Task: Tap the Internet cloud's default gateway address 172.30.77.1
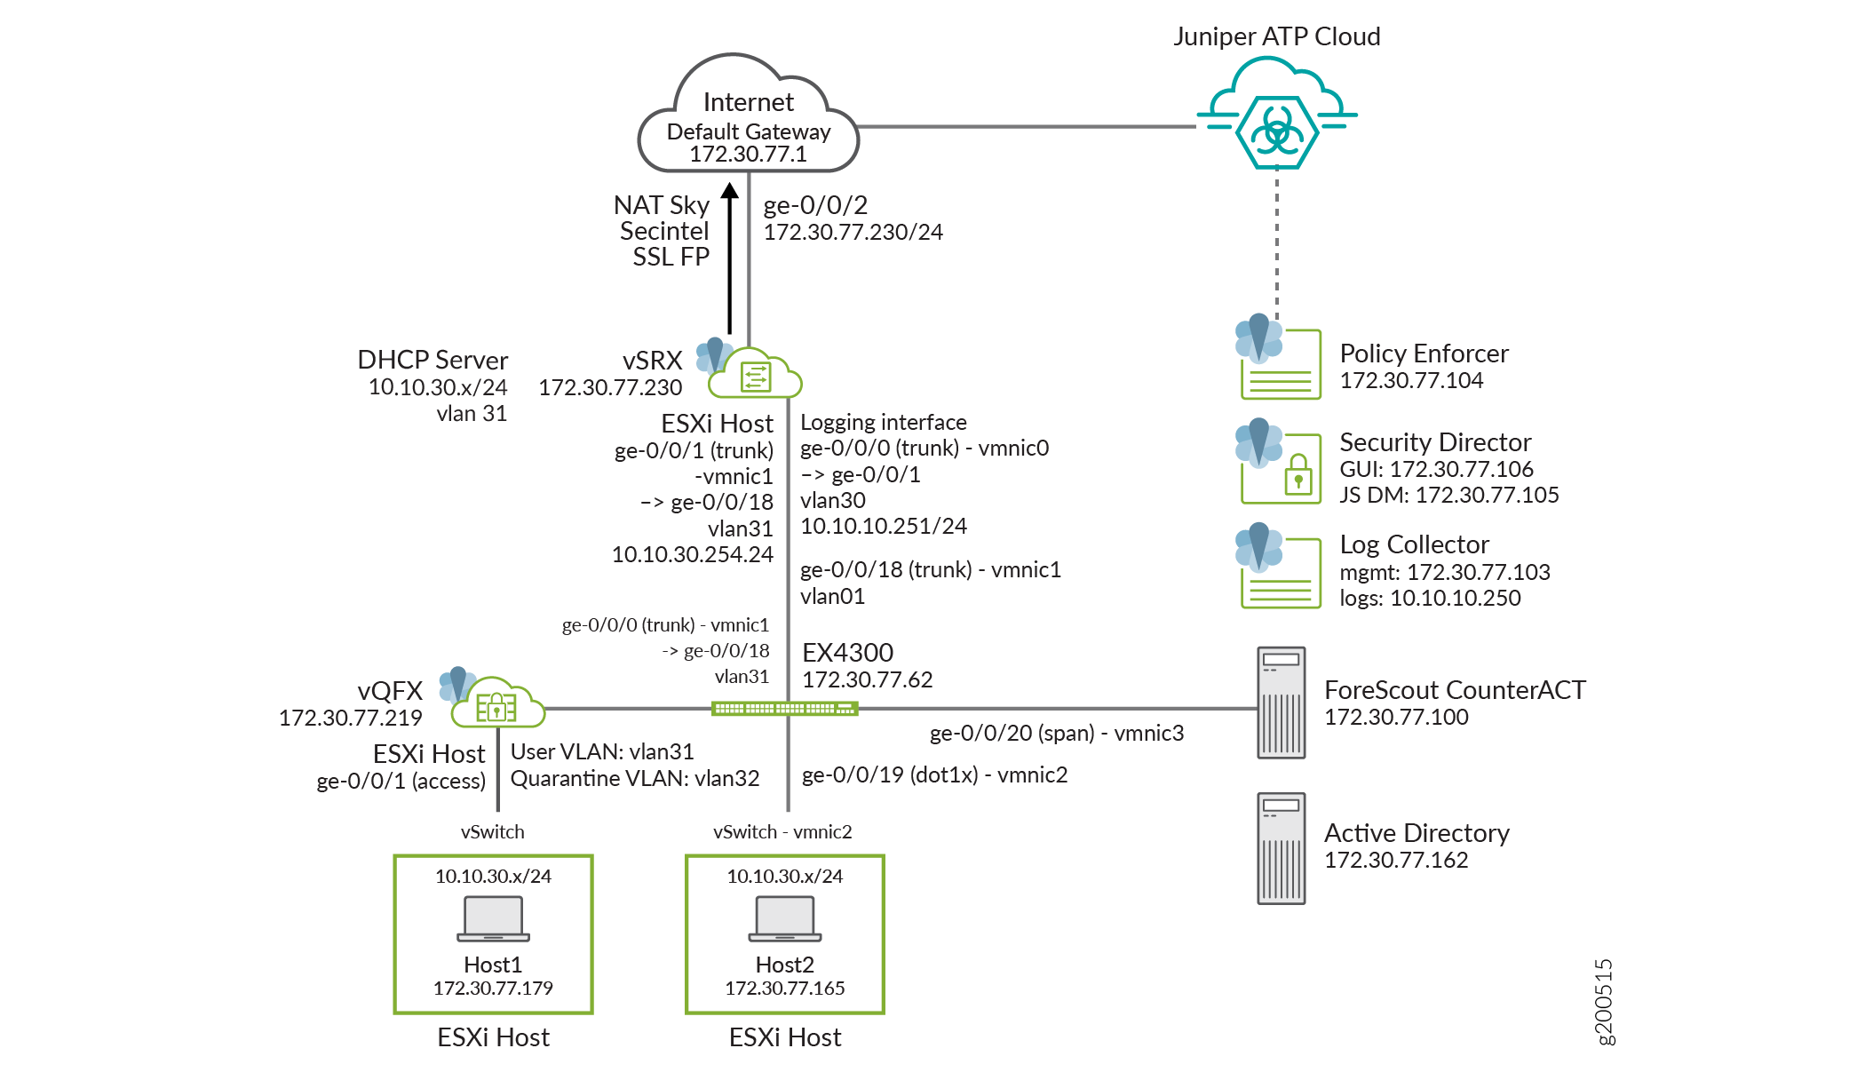(748, 155)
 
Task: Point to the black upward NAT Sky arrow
(730, 258)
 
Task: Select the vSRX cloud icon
(756, 375)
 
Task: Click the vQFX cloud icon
(497, 705)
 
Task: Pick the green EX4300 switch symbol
(785, 709)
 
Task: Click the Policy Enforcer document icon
(1280, 364)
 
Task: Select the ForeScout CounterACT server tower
(1282, 703)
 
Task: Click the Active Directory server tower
(1282, 848)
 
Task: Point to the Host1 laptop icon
(494, 918)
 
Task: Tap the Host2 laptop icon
(785, 918)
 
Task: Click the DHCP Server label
(433, 360)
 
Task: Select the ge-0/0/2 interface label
(815, 205)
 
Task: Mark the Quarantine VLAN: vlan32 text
(635, 779)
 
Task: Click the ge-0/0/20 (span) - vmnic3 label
(1057, 734)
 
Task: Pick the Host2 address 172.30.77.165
(785, 989)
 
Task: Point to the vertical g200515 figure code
(1604, 1002)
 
